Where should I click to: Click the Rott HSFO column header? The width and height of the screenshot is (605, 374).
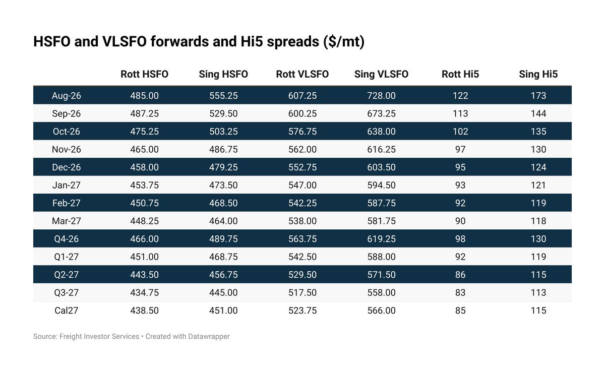144,74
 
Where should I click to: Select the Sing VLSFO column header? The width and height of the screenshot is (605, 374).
381,74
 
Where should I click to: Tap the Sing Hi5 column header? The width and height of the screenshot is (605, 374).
538,74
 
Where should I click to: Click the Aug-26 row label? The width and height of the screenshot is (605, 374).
67,96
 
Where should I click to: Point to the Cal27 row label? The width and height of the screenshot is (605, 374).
67,310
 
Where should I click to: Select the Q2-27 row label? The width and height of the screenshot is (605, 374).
67,275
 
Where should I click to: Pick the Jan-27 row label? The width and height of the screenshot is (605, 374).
67,185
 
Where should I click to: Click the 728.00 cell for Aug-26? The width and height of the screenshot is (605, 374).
381,96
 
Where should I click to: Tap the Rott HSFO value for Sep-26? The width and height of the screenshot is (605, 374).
144,113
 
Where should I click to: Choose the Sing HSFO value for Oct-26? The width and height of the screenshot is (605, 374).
223,131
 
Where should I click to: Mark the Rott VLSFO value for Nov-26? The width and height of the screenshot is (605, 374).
302,149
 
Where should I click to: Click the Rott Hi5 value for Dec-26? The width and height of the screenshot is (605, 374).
460,167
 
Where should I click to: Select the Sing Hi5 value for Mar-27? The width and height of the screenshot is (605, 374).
538,221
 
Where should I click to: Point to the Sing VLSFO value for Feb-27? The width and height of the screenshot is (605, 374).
381,203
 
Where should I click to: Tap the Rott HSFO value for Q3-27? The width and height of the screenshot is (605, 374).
144,292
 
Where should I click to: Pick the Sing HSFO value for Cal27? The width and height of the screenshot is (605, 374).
223,310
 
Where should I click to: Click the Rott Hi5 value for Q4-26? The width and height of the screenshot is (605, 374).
460,239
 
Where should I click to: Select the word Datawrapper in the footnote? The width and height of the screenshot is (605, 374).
209,337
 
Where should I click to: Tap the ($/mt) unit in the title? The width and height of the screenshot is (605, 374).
344,42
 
